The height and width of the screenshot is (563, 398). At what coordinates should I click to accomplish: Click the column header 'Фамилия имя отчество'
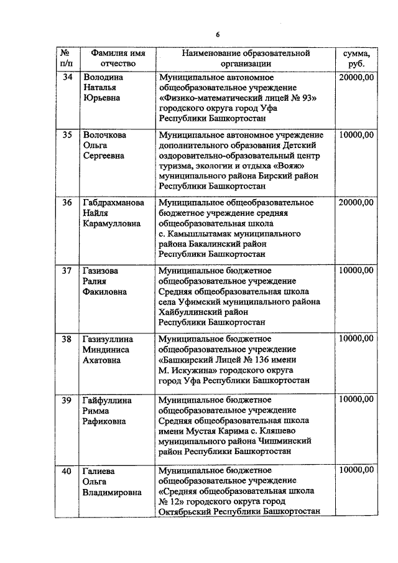(118, 58)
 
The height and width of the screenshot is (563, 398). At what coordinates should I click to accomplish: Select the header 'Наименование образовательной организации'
(245, 58)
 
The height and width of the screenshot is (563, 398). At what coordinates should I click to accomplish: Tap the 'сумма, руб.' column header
(357, 58)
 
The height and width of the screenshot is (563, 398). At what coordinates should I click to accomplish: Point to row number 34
(67, 77)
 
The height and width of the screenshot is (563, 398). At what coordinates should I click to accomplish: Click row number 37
(67, 270)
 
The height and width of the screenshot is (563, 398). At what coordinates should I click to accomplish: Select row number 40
(67, 470)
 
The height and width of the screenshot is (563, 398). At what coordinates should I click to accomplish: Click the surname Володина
(103, 77)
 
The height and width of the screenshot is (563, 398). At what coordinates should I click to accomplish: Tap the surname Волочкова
(105, 134)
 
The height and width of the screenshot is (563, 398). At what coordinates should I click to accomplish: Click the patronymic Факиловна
(106, 291)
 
